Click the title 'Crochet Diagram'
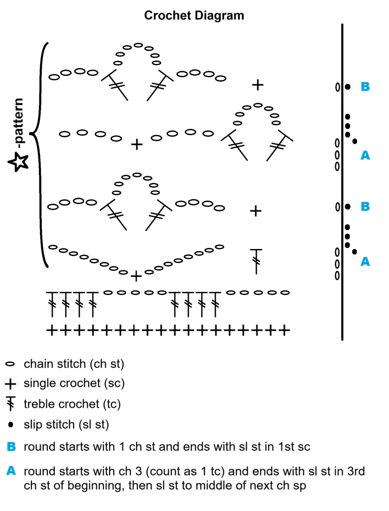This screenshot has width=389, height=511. tap(194, 15)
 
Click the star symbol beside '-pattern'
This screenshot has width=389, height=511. tap(18, 161)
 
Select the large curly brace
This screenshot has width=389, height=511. tap(40, 155)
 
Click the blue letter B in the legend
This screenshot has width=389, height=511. tap(11, 447)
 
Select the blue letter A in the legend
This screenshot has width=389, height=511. tap(11, 471)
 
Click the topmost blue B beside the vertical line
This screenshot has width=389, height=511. tap(365, 87)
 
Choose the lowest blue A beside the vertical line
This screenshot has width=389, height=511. tap(365, 261)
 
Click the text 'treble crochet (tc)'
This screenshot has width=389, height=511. tap(72, 404)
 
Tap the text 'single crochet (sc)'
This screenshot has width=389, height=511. tap(74, 384)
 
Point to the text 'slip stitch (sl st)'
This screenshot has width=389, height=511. tap(66, 425)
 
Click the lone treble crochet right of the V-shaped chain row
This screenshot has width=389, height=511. tap(256, 260)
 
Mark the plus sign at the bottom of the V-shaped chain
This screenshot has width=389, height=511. tap(136, 275)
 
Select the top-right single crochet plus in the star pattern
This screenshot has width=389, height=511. tap(258, 85)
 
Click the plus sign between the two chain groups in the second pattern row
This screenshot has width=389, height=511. tap(136, 145)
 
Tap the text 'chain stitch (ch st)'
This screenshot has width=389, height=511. tap(74, 364)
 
